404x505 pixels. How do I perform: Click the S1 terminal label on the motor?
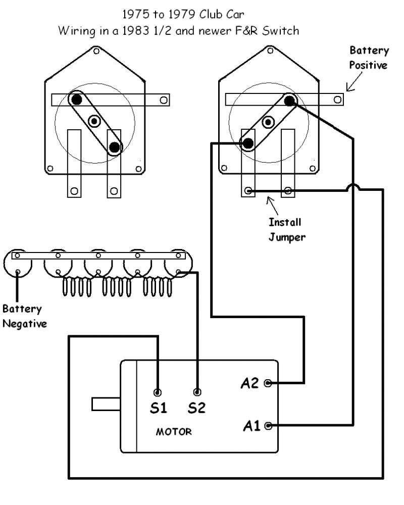(158, 408)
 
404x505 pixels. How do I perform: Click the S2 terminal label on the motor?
(196, 408)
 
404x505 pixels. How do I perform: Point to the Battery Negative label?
(24, 316)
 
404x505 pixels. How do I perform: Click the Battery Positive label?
(371, 58)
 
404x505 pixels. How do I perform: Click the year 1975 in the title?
(131, 15)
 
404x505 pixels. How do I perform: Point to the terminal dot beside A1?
(268, 425)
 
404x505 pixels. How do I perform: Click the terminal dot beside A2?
(268, 383)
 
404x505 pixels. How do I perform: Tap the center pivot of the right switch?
(269, 121)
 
